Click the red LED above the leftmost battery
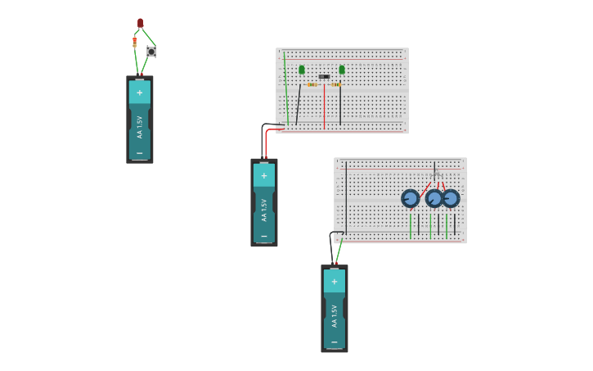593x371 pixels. (140, 23)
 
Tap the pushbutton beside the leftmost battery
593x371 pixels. (151, 52)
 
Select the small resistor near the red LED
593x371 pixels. (135, 42)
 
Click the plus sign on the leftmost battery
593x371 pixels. (139, 93)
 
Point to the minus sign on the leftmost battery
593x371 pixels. (139, 153)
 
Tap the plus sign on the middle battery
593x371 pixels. (263, 175)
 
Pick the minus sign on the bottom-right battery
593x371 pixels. (334, 342)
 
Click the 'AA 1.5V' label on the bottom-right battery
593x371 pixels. (335, 316)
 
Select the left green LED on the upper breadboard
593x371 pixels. (302, 70)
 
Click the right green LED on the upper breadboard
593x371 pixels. (342, 70)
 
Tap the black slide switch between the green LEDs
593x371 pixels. (324, 77)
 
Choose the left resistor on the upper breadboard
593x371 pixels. (312, 84)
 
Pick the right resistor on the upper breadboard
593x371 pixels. (336, 84)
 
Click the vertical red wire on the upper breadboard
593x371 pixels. (324, 106)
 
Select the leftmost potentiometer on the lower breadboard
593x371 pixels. (410, 198)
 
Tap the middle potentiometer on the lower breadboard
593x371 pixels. (434, 198)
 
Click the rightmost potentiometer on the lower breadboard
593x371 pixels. (451, 198)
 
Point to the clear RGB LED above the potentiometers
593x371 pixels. (435, 173)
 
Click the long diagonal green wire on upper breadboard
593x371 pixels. (286, 86)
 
